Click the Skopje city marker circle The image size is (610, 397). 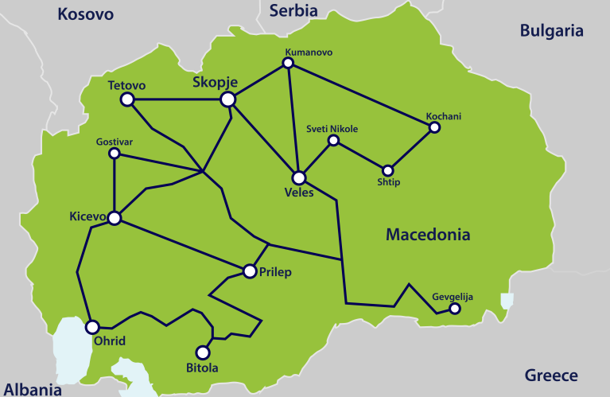227,99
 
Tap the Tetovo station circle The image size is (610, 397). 126,99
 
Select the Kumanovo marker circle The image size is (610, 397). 289,65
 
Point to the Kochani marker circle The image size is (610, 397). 434,126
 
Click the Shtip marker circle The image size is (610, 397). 388,170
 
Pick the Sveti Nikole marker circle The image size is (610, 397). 333,141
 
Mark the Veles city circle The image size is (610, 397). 299,177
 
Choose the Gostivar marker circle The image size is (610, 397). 115,153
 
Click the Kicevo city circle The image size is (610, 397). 115,217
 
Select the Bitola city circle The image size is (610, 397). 203,352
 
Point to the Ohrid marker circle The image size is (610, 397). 92,326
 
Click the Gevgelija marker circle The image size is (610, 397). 454,309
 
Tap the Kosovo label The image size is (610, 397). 86,14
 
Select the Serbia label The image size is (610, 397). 293,10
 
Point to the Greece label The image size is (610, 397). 551,376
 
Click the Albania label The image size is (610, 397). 31,390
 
